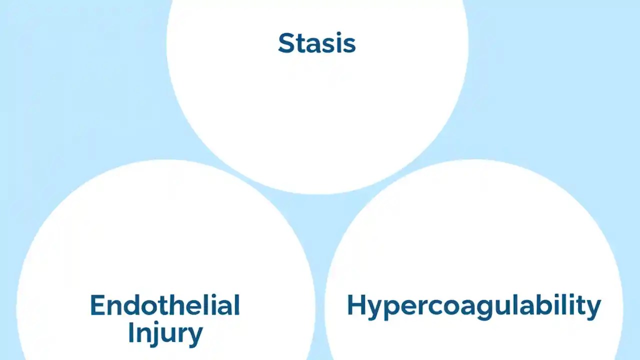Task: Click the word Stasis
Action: pyautogui.click(x=316, y=43)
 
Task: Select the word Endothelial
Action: pyautogui.click(x=165, y=305)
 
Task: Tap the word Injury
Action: pyautogui.click(x=165, y=332)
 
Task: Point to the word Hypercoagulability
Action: pyautogui.click(x=473, y=305)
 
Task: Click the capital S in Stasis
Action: pyautogui.click(x=285, y=43)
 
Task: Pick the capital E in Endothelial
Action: pyautogui.click(x=98, y=305)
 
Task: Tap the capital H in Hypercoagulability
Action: pyautogui.click(x=355, y=305)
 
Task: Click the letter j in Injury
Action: pyautogui.click(x=155, y=334)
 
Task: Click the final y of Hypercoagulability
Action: pyautogui.click(x=593, y=309)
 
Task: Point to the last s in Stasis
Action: pyautogui.click(x=349, y=45)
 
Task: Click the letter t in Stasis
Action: pyautogui.click(x=298, y=44)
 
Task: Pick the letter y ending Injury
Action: pyautogui.click(x=194, y=335)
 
